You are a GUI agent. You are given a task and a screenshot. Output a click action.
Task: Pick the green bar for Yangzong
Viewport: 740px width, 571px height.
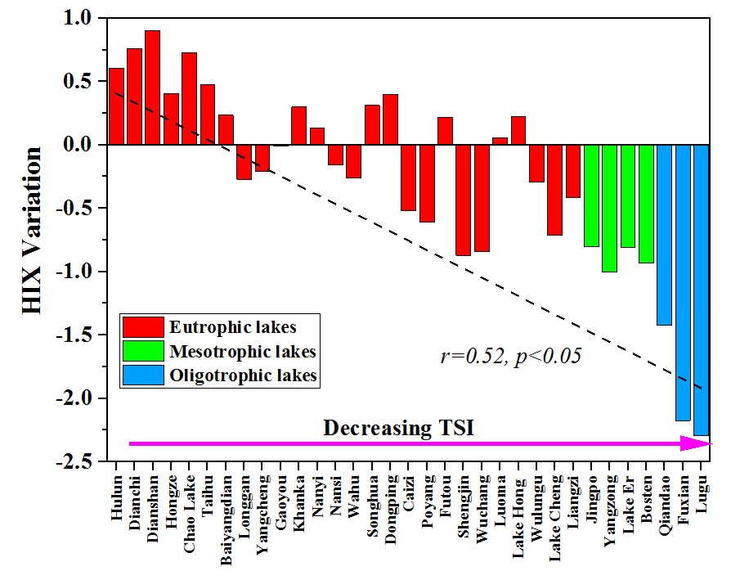click(x=609, y=208)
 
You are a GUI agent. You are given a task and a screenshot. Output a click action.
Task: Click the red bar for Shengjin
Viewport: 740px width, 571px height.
click(x=463, y=200)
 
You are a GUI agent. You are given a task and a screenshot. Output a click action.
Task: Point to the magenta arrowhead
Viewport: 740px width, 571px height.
click(x=697, y=443)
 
